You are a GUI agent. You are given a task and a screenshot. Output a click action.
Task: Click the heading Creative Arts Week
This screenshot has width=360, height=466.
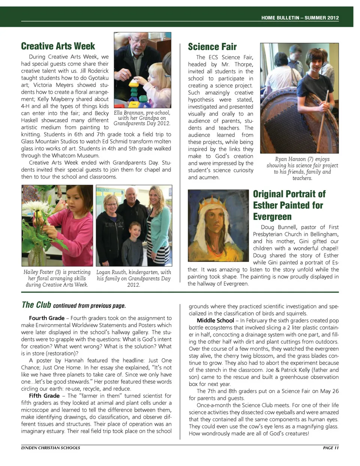[x=58, y=46]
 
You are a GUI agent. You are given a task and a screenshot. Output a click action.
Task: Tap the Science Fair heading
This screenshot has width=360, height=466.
[x=212, y=47]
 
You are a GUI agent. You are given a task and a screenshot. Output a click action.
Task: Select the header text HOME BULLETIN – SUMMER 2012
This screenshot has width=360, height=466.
[x=300, y=18]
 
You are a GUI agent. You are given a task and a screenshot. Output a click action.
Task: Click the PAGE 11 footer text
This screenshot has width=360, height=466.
[x=330, y=448]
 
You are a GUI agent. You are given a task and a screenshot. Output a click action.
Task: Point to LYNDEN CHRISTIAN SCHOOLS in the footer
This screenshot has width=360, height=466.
[x=50, y=448]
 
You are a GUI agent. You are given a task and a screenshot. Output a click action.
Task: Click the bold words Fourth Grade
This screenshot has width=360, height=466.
[x=46, y=318]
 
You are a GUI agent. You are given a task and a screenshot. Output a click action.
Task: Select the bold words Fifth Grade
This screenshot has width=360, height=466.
[x=44, y=395]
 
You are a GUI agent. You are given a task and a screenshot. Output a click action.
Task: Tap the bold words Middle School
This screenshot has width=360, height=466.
[x=215, y=320]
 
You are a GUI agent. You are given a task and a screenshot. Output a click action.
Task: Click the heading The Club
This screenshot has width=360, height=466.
[x=36, y=305]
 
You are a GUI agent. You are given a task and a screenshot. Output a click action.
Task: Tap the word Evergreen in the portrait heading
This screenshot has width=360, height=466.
[x=272, y=216]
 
